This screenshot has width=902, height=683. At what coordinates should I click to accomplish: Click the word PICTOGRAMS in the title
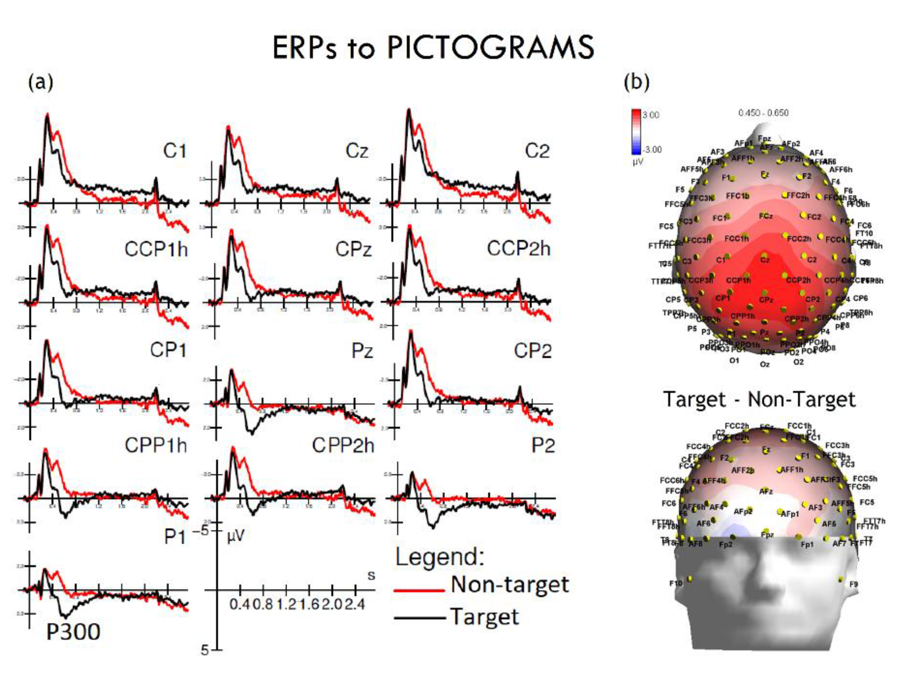tap(490, 48)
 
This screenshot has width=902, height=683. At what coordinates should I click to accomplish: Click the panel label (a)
tap(40, 82)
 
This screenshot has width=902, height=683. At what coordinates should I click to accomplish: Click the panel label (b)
tap(636, 82)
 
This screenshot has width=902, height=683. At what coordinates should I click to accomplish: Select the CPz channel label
tap(353, 249)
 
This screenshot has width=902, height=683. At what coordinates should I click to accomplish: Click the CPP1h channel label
tap(156, 445)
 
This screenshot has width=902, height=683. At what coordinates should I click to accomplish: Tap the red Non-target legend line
tap(419, 590)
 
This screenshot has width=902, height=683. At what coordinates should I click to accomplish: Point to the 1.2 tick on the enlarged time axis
tap(286, 604)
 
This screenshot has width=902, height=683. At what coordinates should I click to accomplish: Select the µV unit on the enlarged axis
tap(235, 536)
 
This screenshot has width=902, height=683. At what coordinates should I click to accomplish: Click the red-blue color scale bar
tap(636, 131)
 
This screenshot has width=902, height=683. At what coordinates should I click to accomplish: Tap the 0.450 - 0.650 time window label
tap(763, 113)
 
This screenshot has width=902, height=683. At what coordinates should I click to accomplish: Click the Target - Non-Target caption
tap(759, 400)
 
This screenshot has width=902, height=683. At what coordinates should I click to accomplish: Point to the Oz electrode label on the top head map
tap(765, 364)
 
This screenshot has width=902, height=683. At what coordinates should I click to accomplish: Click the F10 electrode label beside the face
tap(675, 584)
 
